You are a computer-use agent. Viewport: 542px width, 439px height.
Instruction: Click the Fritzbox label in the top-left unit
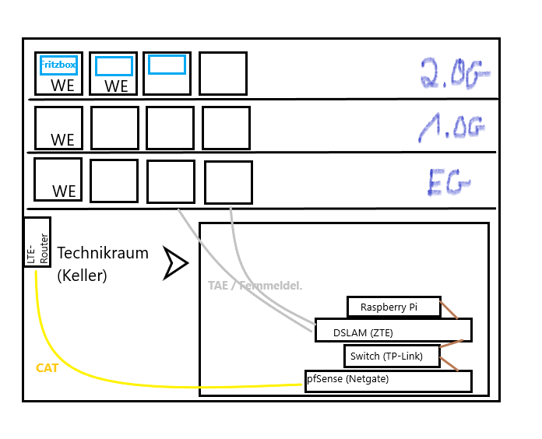tap(58, 65)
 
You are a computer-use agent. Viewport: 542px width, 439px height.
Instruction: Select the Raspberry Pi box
tap(393, 307)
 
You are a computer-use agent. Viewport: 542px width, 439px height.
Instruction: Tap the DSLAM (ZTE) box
tap(393, 332)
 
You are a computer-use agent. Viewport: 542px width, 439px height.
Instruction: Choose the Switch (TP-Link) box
tap(392, 356)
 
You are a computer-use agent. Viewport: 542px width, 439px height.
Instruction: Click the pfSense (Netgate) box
tap(388, 381)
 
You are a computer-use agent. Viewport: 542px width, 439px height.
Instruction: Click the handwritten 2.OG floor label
tap(455, 74)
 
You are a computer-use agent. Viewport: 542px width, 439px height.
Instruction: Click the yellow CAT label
tap(48, 367)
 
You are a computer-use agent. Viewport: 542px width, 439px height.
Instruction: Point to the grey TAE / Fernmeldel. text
tap(255, 286)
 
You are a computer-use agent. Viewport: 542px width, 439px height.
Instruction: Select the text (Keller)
tap(82, 276)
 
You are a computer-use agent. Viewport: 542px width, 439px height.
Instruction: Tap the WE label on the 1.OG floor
tap(63, 140)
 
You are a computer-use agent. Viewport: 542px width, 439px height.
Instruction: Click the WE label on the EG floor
tap(65, 191)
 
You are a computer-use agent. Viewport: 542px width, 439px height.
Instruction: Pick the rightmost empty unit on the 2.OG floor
tap(223, 74)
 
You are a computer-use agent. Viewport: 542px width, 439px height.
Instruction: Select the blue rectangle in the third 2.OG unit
tap(167, 65)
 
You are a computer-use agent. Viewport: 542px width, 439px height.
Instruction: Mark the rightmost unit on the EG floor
tap(228, 182)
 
